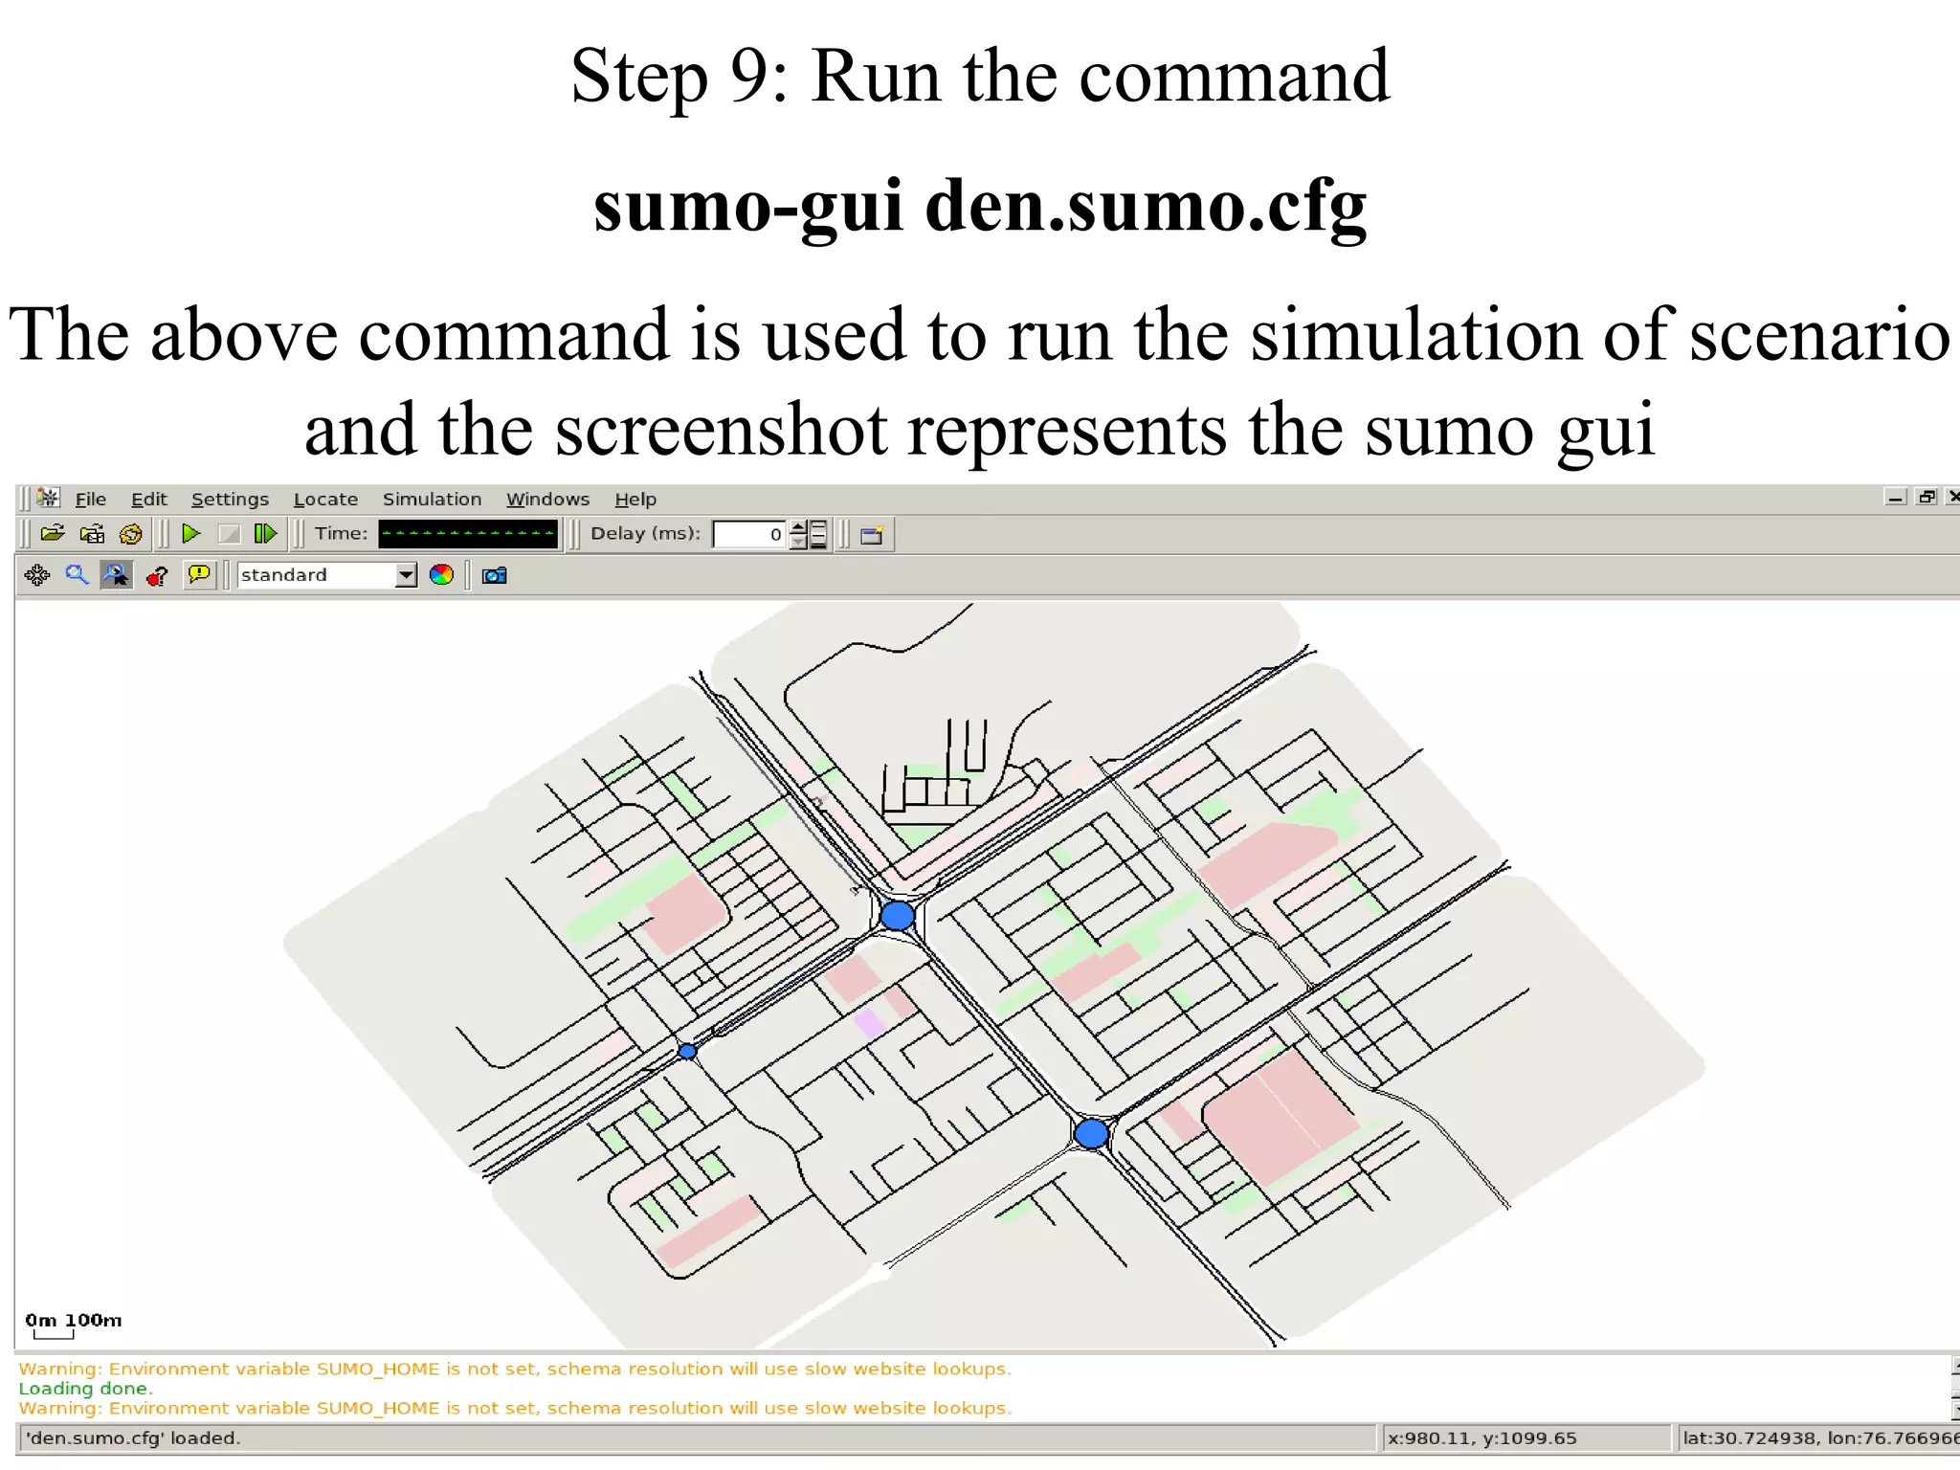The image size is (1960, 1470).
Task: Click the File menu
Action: point(90,499)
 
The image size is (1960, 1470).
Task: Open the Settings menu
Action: point(230,499)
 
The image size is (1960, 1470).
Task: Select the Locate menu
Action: point(325,499)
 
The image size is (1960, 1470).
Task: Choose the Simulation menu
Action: point(432,499)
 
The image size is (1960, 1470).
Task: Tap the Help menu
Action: point(635,499)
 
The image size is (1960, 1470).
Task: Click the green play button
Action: point(191,533)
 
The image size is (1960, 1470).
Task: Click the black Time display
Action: point(467,534)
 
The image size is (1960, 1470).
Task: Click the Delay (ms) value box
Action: point(749,534)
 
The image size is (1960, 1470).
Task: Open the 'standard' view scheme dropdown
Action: point(406,575)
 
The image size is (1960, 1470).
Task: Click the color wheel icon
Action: point(441,575)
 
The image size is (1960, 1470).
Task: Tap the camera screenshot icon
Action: point(494,575)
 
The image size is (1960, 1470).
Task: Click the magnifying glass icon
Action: point(77,575)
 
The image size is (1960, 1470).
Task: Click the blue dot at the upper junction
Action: point(897,916)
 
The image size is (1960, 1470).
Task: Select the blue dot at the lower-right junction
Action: point(1091,1134)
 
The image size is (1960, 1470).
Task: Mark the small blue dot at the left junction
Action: point(687,1052)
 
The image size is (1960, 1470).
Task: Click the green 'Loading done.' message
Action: point(85,1388)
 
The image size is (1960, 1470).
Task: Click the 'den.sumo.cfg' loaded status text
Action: point(133,1437)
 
